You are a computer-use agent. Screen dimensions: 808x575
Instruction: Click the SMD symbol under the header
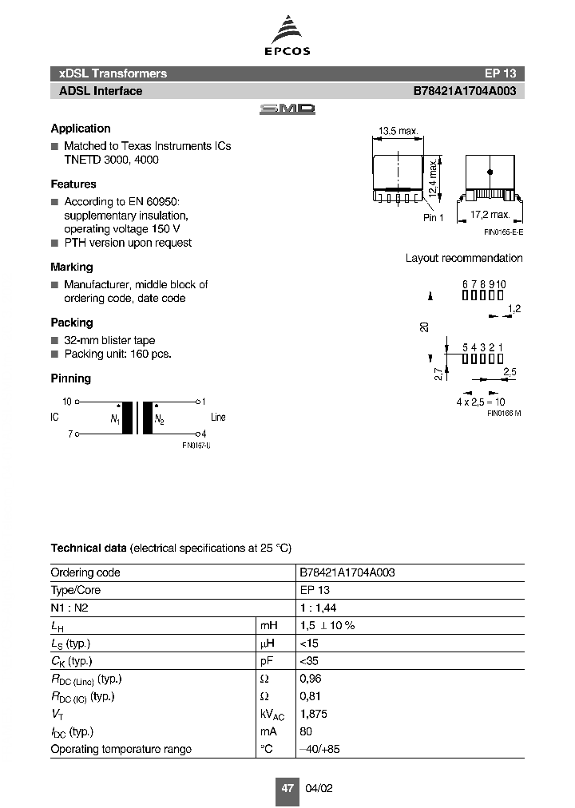[x=287, y=109]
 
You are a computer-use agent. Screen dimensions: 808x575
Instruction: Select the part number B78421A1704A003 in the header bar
[x=464, y=91]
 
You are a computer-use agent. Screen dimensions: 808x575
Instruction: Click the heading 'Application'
[x=81, y=129]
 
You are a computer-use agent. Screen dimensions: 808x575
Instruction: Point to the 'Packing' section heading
[x=72, y=323]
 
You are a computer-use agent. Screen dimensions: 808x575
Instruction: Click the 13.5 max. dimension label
[x=398, y=132]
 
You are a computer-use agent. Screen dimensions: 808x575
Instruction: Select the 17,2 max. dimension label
[x=490, y=215]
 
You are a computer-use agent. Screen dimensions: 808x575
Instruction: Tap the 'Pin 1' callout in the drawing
[x=434, y=218]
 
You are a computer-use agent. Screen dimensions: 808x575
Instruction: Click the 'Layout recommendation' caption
[x=464, y=258]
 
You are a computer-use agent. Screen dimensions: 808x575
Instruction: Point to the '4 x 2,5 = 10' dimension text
[x=481, y=402]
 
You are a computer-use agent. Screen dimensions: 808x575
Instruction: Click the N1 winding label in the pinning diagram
[x=115, y=419]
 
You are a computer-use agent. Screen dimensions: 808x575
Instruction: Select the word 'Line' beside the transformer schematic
[x=218, y=417]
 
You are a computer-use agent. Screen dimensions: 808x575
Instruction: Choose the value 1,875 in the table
[x=314, y=714]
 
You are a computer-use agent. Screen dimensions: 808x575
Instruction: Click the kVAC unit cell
[x=272, y=715]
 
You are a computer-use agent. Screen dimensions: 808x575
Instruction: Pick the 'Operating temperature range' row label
[x=121, y=749]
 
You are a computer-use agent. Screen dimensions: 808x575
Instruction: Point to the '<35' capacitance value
[x=308, y=661]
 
